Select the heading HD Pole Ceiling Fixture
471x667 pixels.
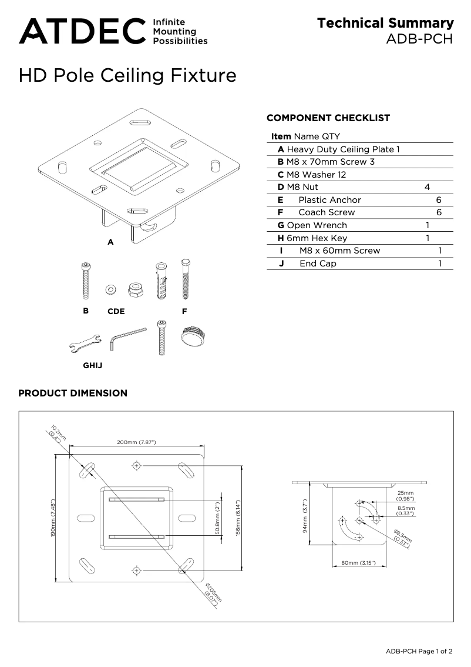click(127, 75)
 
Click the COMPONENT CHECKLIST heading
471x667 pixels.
click(328, 118)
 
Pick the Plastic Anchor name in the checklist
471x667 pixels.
click(329, 200)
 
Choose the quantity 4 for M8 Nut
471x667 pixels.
click(427, 187)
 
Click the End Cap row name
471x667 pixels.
click(318, 264)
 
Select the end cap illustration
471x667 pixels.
click(193, 336)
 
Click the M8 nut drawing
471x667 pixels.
click(133, 288)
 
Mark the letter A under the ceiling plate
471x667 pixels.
click(110, 242)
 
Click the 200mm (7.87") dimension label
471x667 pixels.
click(136, 442)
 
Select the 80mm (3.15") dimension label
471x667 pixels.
click(359, 563)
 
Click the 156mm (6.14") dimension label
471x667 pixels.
click(238, 518)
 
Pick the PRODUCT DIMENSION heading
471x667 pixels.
click(73, 393)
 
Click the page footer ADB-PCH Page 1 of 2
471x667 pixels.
click(419, 651)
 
